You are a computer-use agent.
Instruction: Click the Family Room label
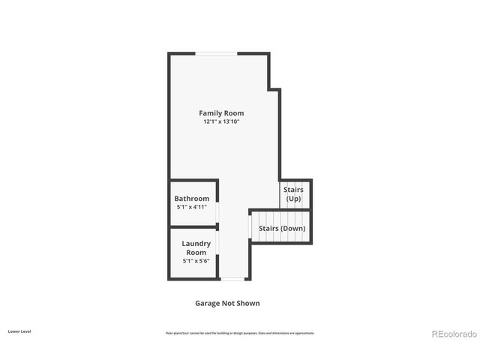pos(221,113)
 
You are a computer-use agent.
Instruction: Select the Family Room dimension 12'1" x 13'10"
pos(221,121)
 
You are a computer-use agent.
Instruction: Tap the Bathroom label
pos(192,199)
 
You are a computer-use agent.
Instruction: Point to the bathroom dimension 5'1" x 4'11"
pos(192,207)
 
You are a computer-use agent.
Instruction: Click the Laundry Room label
pos(196,248)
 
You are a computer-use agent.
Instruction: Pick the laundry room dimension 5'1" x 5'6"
pos(196,261)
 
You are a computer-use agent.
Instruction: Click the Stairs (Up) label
pos(293,195)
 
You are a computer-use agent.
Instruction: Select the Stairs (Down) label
pos(282,228)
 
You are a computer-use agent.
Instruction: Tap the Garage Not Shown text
pos(227,304)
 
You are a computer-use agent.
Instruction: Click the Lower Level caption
pos(19,331)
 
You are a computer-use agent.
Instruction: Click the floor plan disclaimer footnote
pos(240,332)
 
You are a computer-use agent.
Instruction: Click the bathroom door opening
pos(218,214)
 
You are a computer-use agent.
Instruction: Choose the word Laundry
pos(196,244)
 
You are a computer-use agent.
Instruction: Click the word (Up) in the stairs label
pos(293,199)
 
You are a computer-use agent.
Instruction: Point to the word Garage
pos(208,304)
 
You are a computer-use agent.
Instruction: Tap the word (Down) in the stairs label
pos(292,228)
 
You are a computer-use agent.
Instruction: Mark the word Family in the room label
pos(211,113)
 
